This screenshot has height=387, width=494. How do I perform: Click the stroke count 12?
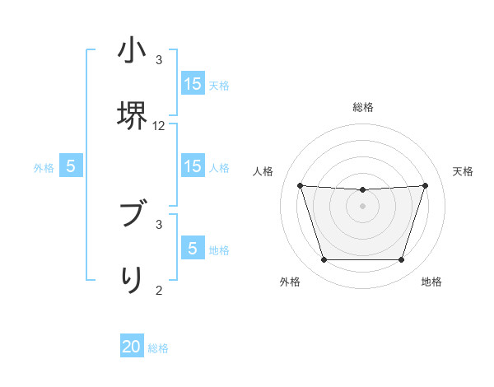(x=159, y=126)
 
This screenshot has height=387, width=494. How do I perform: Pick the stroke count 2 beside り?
(x=159, y=290)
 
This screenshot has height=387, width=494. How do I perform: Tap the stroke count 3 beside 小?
(x=159, y=60)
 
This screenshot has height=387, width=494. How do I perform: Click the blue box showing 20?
(x=132, y=347)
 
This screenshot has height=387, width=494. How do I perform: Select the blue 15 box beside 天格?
(x=193, y=83)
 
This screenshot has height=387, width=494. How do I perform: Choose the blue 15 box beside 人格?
(x=193, y=166)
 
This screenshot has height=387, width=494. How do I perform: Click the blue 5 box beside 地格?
(x=193, y=248)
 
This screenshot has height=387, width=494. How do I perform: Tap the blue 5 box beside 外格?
(x=71, y=166)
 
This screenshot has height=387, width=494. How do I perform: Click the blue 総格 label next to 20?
(x=158, y=348)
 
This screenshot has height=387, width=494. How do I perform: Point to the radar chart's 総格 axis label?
(x=363, y=107)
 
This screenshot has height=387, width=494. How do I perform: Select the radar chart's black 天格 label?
(x=463, y=171)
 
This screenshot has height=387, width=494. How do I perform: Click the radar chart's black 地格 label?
(x=431, y=282)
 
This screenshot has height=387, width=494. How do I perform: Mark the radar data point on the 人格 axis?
(x=300, y=185)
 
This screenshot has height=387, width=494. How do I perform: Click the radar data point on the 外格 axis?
(x=324, y=260)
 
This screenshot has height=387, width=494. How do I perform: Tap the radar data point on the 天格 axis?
(x=426, y=185)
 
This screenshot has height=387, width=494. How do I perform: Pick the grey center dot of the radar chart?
(x=362, y=206)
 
